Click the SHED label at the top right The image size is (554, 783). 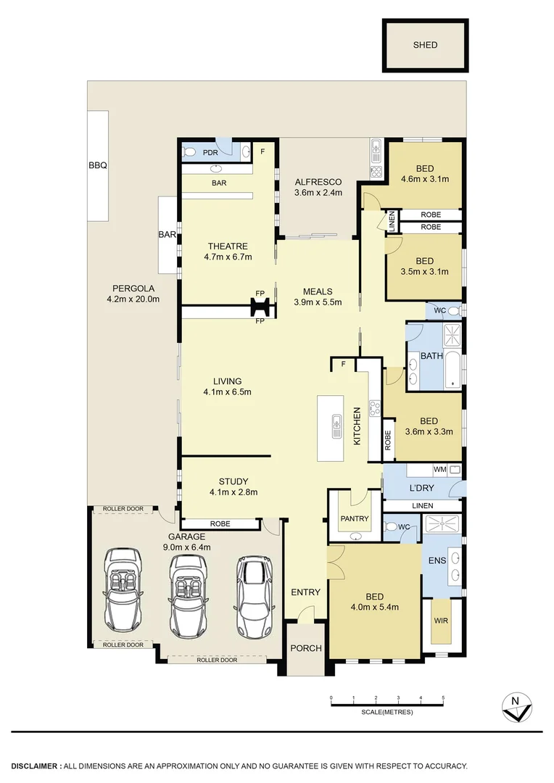(x=425, y=45)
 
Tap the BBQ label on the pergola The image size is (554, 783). (x=98, y=165)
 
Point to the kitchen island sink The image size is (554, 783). (x=337, y=426)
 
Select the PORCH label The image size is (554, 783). (x=305, y=647)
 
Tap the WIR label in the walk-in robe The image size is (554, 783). (x=440, y=621)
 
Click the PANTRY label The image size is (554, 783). (x=355, y=518)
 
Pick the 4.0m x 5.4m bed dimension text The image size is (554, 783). (x=374, y=608)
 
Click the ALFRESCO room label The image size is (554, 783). (x=318, y=182)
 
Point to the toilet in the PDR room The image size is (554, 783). (x=190, y=152)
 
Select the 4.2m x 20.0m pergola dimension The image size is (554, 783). (x=133, y=299)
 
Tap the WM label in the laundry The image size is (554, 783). (x=439, y=470)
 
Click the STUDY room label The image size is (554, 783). (x=233, y=481)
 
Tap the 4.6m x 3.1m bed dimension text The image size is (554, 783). (x=425, y=178)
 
